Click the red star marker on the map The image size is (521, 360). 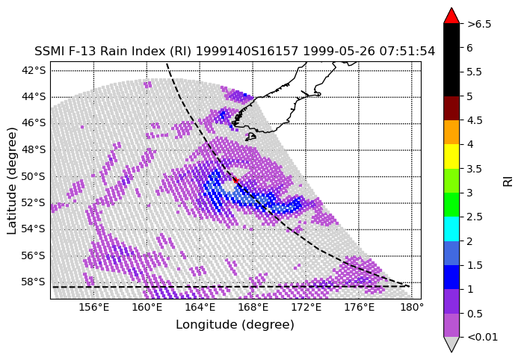point(236,180)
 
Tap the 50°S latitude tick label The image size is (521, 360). point(33,176)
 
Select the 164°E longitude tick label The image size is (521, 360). point(200,307)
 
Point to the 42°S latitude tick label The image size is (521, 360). point(33,70)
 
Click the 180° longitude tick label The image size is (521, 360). point(412,307)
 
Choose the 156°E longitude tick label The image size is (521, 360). point(94,307)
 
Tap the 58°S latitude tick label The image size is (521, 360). point(33,282)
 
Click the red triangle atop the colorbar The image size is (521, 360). point(451,16)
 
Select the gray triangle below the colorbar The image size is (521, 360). point(451,344)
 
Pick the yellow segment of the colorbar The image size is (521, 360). point(451,156)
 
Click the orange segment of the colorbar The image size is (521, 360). point(451,132)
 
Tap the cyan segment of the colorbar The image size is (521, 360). point(451,229)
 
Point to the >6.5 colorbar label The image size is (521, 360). point(479,24)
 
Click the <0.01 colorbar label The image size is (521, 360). point(482,338)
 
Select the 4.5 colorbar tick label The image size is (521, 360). point(475,120)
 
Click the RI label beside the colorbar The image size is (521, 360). point(508,181)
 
